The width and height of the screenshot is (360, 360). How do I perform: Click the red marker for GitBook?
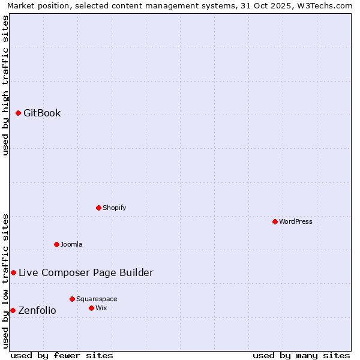(x=18, y=113)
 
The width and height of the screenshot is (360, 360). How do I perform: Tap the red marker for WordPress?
(x=275, y=221)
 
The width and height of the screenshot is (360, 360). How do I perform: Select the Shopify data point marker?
(x=98, y=208)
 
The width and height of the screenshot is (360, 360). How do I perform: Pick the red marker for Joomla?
(x=56, y=244)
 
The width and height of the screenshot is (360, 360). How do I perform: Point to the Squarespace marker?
(x=72, y=299)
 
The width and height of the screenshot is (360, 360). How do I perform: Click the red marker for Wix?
(x=91, y=308)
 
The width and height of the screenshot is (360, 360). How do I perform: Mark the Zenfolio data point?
(x=13, y=310)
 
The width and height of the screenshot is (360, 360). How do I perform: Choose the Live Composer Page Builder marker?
(x=13, y=272)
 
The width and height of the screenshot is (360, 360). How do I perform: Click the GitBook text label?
(x=42, y=113)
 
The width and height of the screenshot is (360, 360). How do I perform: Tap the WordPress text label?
(x=296, y=221)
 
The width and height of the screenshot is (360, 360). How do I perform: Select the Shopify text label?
(x=114, y=208)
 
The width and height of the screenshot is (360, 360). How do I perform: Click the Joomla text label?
(x=71, y=244)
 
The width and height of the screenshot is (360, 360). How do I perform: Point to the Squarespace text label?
(x=97, y=299)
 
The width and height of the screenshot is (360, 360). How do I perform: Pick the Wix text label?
(x=101, y=308)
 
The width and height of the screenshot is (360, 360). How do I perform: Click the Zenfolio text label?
(x=37, y=310)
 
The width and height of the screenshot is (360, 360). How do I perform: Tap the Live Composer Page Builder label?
(x=86, y=272)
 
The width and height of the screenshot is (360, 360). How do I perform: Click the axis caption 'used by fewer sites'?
(x=62, y=355)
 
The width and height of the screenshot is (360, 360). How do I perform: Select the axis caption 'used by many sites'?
(x=301, y=355)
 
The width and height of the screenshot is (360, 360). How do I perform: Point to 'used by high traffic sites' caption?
(x=5, y=85)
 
